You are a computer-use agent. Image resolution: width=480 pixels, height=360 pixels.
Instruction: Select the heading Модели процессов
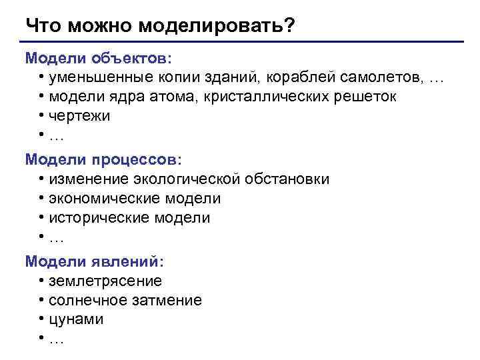103,160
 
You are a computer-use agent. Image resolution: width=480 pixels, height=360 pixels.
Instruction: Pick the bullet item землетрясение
105,281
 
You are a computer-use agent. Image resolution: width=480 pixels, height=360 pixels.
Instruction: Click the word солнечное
88,301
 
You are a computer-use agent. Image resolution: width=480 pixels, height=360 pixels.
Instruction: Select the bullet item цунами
76,319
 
